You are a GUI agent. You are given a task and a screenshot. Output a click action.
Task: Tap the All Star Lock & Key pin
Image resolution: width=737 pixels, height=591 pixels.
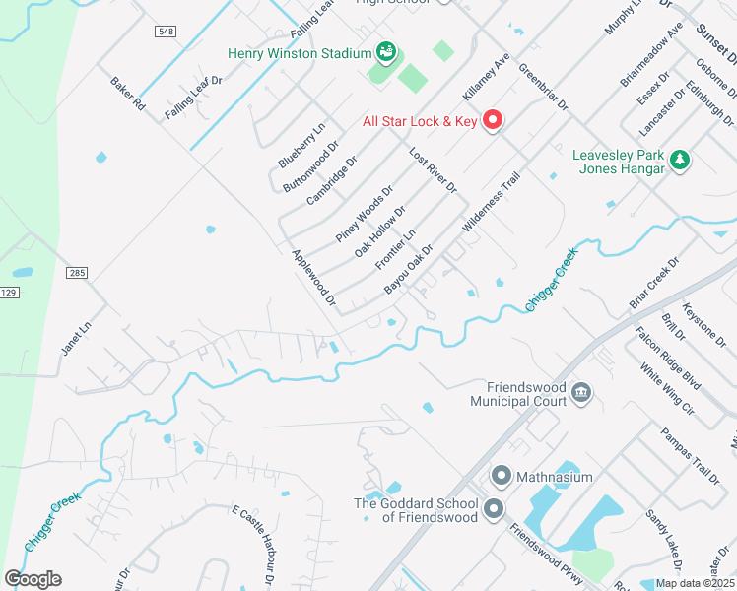(492, 121)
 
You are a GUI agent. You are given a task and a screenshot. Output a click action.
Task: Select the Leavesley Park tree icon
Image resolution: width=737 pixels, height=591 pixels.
(679, 160)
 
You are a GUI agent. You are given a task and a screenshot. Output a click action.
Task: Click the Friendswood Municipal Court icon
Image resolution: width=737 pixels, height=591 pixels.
(581, 393)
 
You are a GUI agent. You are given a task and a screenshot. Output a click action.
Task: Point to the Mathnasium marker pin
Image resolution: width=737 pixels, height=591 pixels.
(501, 477)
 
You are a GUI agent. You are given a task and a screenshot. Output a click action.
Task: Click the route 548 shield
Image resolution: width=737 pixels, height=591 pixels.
(165, 32)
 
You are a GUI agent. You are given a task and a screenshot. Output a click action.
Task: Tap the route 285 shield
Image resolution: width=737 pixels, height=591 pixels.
(78, 272)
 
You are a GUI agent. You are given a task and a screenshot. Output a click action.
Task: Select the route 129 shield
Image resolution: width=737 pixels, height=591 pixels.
(9, 293)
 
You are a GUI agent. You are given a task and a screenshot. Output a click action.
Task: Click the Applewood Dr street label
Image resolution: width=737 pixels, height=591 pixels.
(314, 276)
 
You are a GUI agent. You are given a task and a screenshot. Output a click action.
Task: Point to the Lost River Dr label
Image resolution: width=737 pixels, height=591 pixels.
(434, 170)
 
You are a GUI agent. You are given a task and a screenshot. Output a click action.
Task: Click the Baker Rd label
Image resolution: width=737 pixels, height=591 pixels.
(128, 94)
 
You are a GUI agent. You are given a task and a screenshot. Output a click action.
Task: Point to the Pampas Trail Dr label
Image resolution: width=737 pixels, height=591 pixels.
(690, 456)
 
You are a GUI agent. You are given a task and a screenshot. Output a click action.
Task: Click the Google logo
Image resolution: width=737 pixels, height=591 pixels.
(33, 579)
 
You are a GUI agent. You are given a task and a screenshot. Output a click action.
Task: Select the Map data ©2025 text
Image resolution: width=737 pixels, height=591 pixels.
(695, 583)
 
